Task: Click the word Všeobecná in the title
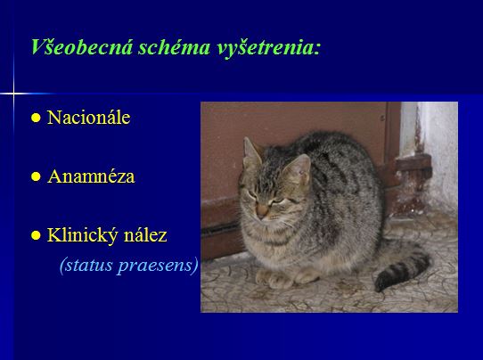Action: coord(82,47)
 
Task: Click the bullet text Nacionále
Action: coord(89,118)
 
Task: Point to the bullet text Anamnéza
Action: coord(91,176)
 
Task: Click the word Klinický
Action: coord(82,235)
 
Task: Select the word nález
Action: coord(145,234)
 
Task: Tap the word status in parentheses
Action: coord(86,265)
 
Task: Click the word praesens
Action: coord(158,266)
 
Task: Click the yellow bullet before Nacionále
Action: coord(36,118)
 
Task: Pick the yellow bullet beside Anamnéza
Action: coord(36,176)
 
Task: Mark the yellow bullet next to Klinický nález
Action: coord(36,235)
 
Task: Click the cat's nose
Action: coord(262,210)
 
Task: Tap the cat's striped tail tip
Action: coord(382,283)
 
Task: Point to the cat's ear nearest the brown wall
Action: coord(251,151)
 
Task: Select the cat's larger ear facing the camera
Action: coord(298,168)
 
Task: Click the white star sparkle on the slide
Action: coord(13,94)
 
